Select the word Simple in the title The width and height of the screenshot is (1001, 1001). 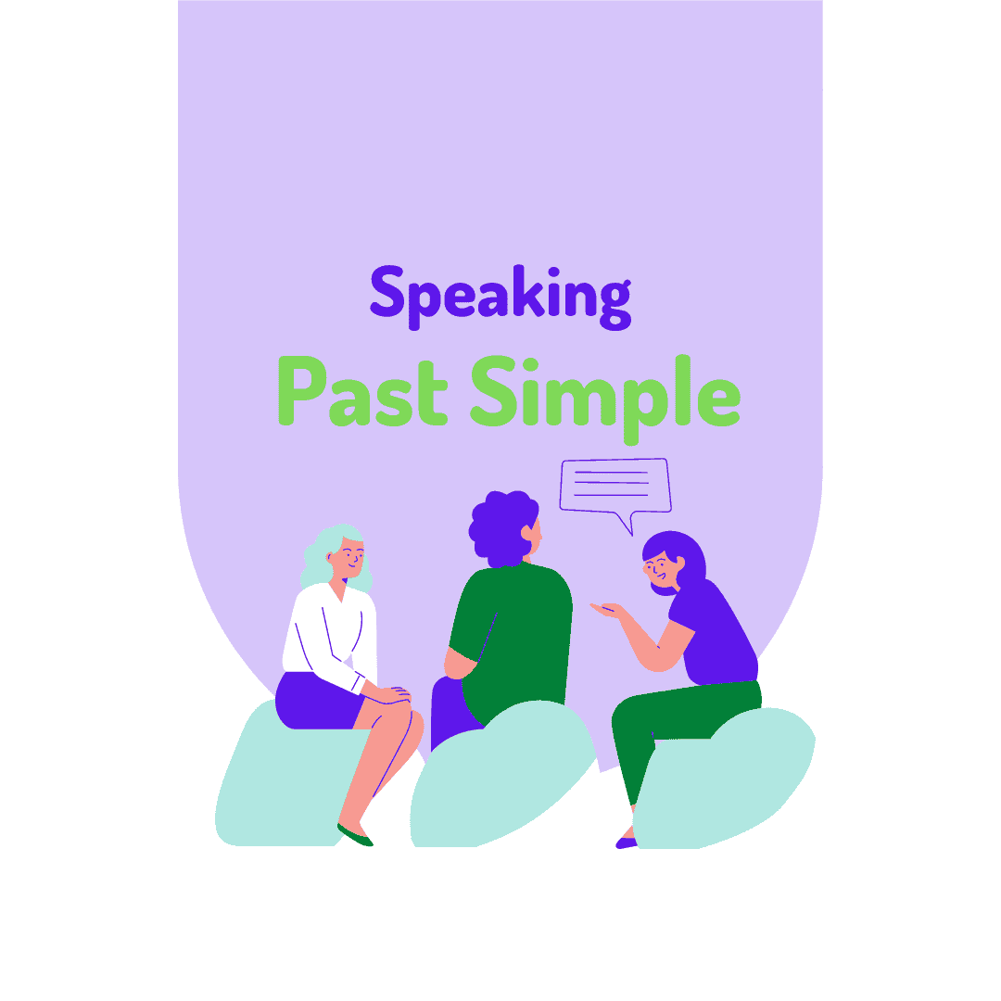pos(604,394)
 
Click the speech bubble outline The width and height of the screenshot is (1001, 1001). pos(615,485)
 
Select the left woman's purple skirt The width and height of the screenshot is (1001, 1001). pos(315,700)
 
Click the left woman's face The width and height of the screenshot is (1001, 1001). pos(348,556)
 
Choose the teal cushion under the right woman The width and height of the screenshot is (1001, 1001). pos(723,779)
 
